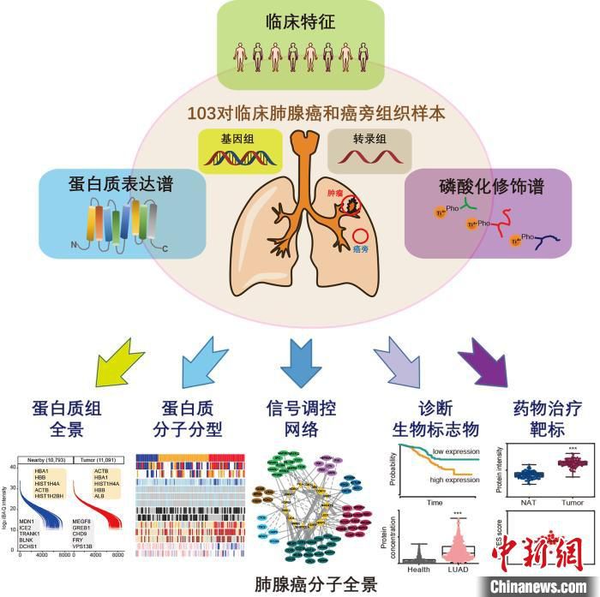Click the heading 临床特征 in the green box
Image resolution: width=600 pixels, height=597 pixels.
click(x=300, y=23)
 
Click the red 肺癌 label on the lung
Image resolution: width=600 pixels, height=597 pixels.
click(x=339, y=193)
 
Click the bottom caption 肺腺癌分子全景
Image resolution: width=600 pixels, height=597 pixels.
click(x=304, y=584)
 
